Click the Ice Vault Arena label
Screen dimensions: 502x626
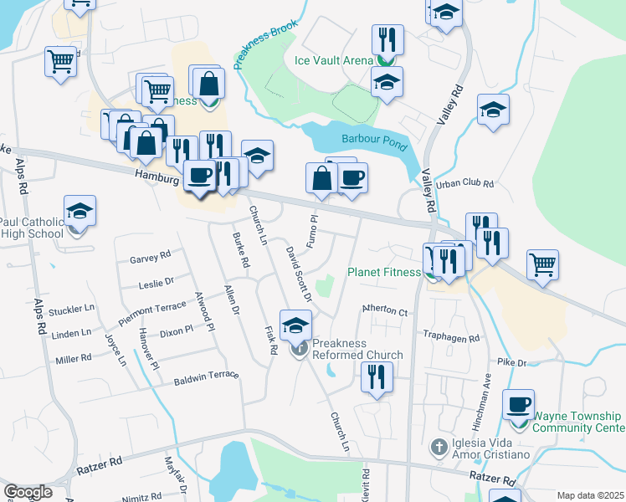pos(334,60)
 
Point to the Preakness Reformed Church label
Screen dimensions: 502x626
pos(357,349)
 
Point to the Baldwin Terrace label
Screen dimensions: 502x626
pos(206,380)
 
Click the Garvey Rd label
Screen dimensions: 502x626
pos(150,258)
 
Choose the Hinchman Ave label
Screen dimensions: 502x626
pos(483,401)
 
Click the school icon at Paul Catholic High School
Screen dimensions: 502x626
pos(80,211)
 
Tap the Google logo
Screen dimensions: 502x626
pos(28,492)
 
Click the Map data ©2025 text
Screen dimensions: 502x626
pos(590,495)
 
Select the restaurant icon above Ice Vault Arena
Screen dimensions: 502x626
pos(387,39)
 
